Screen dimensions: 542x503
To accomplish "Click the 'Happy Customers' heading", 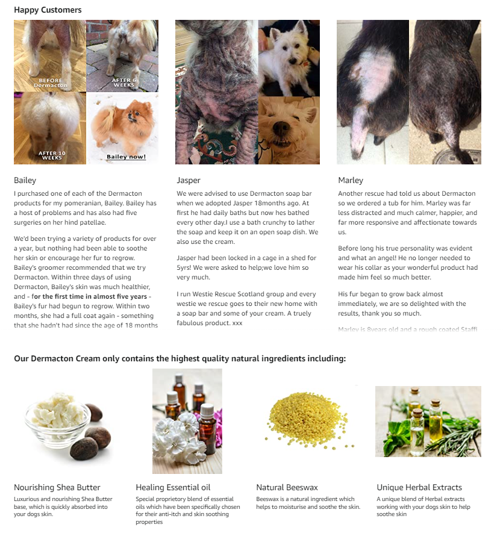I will click(x=48, y=10).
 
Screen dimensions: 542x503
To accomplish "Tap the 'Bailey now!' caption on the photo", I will click(x=126, y=157).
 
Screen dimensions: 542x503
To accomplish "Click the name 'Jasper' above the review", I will click(x=189, y=180).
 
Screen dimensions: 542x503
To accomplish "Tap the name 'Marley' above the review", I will click(x=351, y=180).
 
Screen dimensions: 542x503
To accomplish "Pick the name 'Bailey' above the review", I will click(x=25, y=180).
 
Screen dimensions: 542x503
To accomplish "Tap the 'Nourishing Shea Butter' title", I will click(x=57, y=487).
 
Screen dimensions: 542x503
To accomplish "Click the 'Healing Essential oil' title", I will click(x=173, y=487).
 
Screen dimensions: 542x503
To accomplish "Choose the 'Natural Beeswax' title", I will click(x=287, y=487).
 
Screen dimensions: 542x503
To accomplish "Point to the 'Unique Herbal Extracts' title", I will click(x=419, y=487).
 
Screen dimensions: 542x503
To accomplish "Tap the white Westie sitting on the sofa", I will click(x=288, y=54).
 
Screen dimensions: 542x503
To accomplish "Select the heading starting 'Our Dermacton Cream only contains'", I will click(x=180, y=358).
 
